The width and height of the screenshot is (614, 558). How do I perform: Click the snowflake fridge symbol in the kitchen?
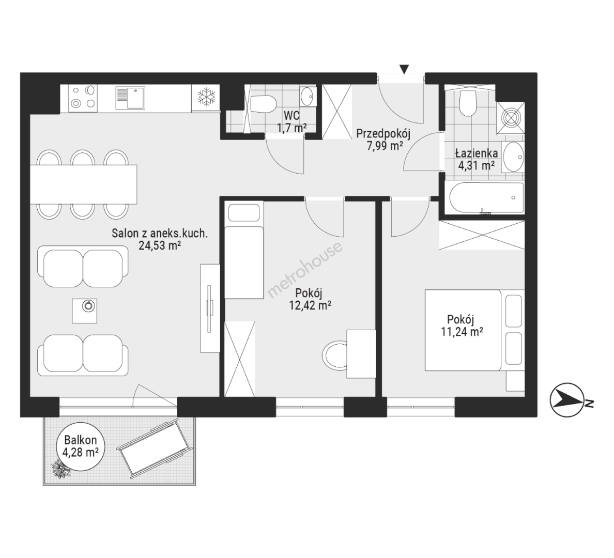pos(206,97)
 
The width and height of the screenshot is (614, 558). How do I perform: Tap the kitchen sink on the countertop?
pos(130,98)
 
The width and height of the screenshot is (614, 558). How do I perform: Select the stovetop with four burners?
pos(83,97)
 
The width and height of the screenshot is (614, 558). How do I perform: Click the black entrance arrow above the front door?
pos(405,69)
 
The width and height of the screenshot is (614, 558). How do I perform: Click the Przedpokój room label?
pos(383,134)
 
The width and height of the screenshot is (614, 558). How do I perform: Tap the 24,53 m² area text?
pos(159,245)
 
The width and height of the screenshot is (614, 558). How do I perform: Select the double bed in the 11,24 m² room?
pos(474,330)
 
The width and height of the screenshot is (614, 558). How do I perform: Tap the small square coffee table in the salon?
pos(85,311)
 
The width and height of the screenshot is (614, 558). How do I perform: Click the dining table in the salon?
pos(84,184)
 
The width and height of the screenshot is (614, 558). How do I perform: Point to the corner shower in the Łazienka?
pos(510,117)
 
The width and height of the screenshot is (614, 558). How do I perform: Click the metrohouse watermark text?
pos(304,270)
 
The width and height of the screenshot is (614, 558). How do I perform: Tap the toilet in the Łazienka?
pos(468,103)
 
